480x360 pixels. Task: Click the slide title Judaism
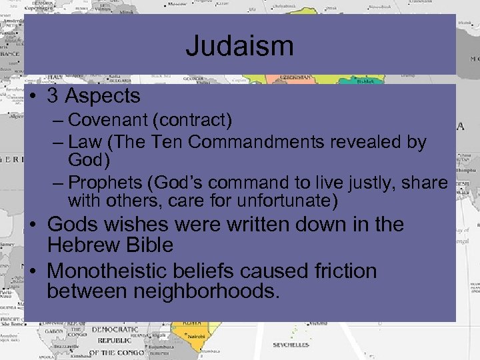tap(239, 46)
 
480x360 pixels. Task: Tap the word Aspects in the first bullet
tap(103, 96)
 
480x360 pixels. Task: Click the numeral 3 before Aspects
tap(53, 96)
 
